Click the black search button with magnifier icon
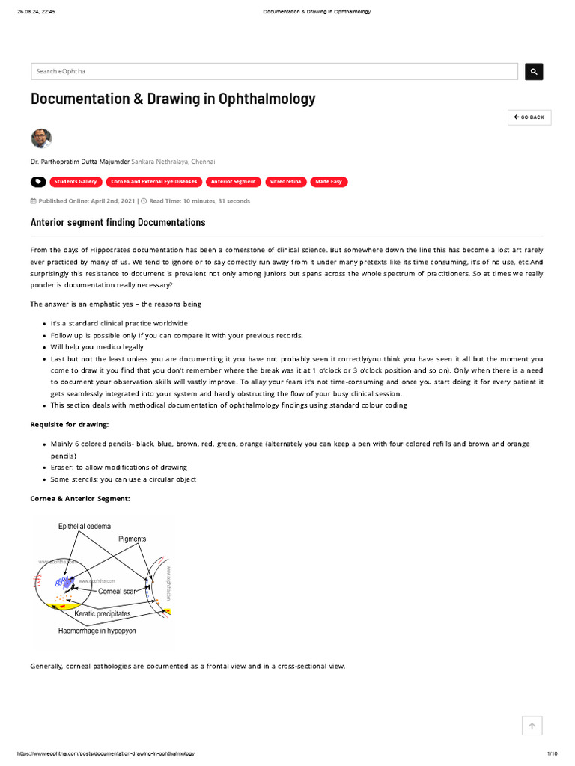coord(534,71)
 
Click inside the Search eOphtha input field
coord(274,71)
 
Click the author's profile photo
coord(41,138)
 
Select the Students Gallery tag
coord(76,182)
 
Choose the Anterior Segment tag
coord(233,182)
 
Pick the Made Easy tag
coord(328,182)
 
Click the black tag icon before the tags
coord(38,182)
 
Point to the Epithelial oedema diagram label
coord(85,527)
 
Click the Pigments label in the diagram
coord(132,539)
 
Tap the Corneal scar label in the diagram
coord(116,591)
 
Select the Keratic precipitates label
coord(103,613)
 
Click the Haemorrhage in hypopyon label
coord(97,631)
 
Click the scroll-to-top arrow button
coord(532,726)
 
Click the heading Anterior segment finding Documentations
coord(118,223)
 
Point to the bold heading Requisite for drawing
coord(69,424)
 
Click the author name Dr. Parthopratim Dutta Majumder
coord(79,161)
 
